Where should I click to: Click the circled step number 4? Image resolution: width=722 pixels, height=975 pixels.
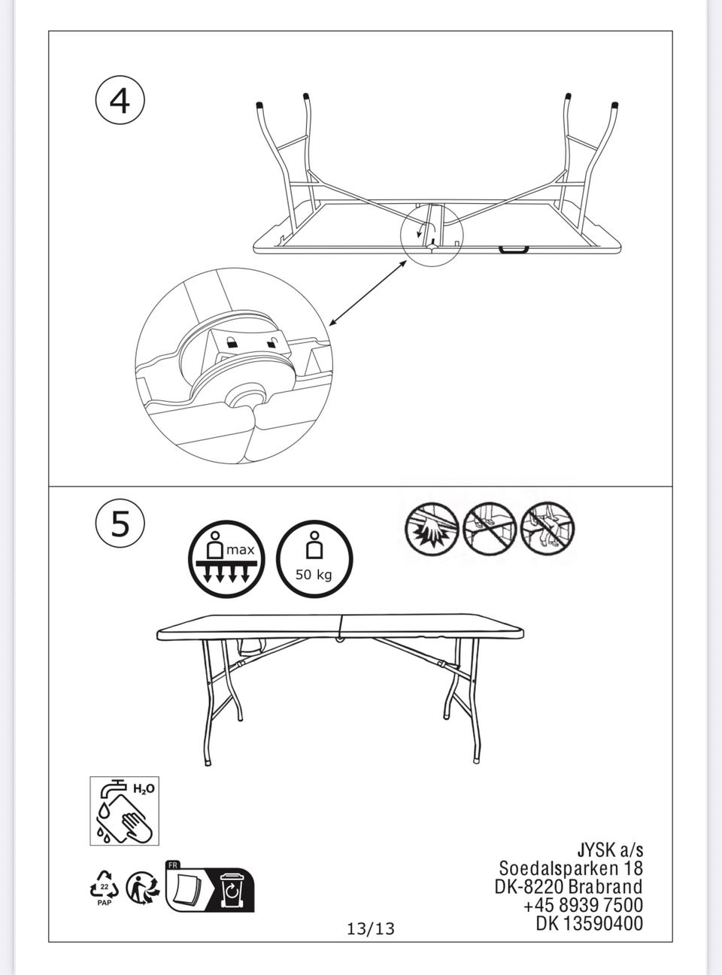120,102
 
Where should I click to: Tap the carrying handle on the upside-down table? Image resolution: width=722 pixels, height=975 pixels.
514,250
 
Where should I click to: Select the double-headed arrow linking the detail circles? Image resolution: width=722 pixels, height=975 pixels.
367,293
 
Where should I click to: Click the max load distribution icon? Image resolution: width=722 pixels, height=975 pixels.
226,559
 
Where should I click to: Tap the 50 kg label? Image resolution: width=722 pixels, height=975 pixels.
314,575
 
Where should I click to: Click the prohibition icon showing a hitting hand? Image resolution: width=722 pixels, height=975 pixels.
432,530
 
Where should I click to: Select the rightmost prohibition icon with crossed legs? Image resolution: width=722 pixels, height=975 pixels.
548,530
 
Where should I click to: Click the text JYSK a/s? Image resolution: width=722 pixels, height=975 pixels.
610,850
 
